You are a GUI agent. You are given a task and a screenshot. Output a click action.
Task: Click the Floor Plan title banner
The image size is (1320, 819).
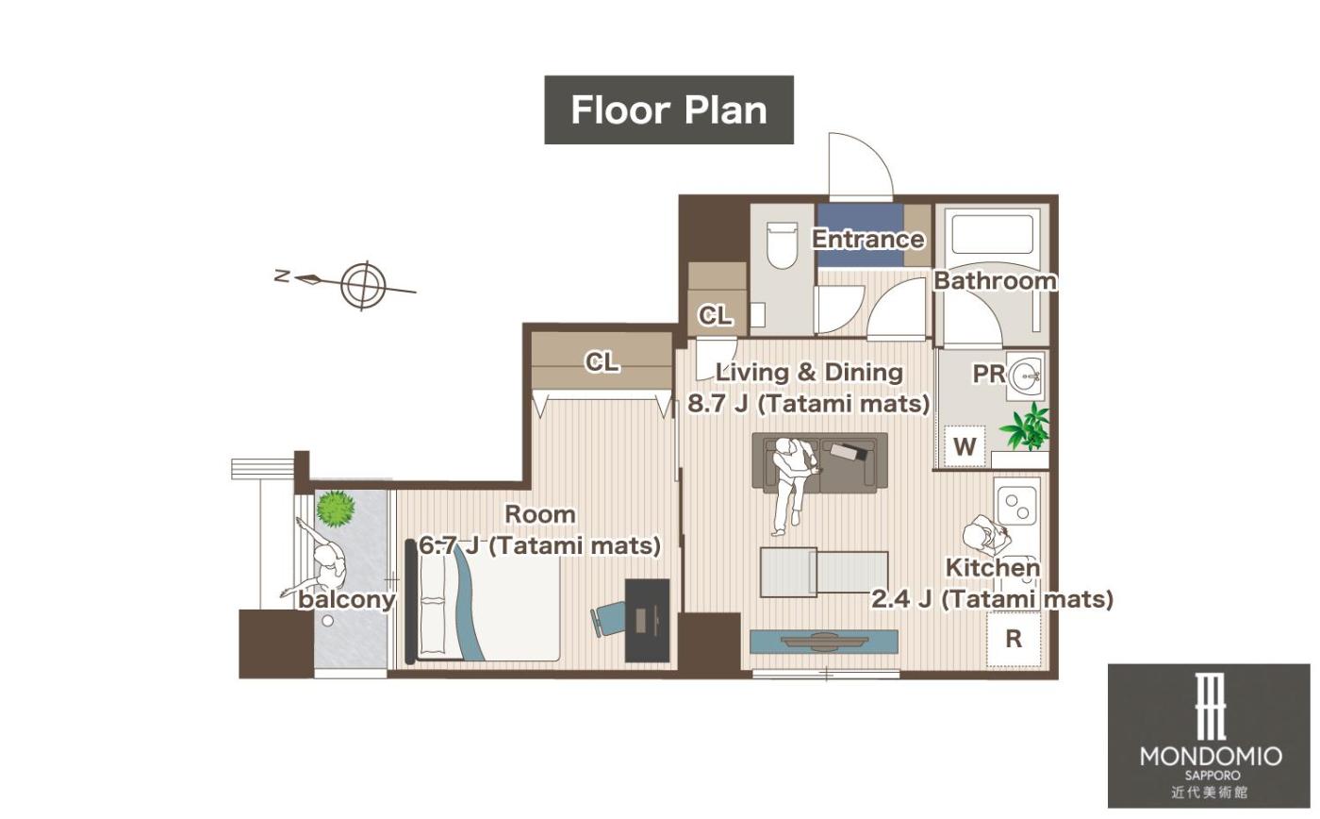point(668,109)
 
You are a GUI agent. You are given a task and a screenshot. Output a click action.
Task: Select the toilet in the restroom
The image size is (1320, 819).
point(782,244)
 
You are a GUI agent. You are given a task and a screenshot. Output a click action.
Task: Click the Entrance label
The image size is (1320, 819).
point(868,239)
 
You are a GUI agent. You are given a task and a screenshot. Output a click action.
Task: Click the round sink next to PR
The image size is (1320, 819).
point(1026,374)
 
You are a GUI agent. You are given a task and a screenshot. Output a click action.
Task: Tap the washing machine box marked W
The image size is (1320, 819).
point(964,446)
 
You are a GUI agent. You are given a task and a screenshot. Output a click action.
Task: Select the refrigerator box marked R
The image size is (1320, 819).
point(1014,639)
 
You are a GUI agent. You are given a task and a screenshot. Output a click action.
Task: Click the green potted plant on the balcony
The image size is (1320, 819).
point(336,509)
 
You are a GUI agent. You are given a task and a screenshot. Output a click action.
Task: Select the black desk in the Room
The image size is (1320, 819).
point(647,620)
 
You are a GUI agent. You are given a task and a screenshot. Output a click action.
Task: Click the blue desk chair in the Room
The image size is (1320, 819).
point(607,620)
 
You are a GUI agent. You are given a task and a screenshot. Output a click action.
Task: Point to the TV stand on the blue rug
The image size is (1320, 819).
point(824,641)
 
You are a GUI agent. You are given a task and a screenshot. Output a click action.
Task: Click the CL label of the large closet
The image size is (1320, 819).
point(602,362)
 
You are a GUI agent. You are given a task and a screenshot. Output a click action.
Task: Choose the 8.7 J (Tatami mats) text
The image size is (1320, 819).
point(809,404)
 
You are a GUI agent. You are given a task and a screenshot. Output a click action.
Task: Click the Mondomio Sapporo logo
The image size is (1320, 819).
point(1209,735)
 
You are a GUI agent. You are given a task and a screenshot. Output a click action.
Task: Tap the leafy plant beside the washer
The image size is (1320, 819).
point(1027,426)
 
